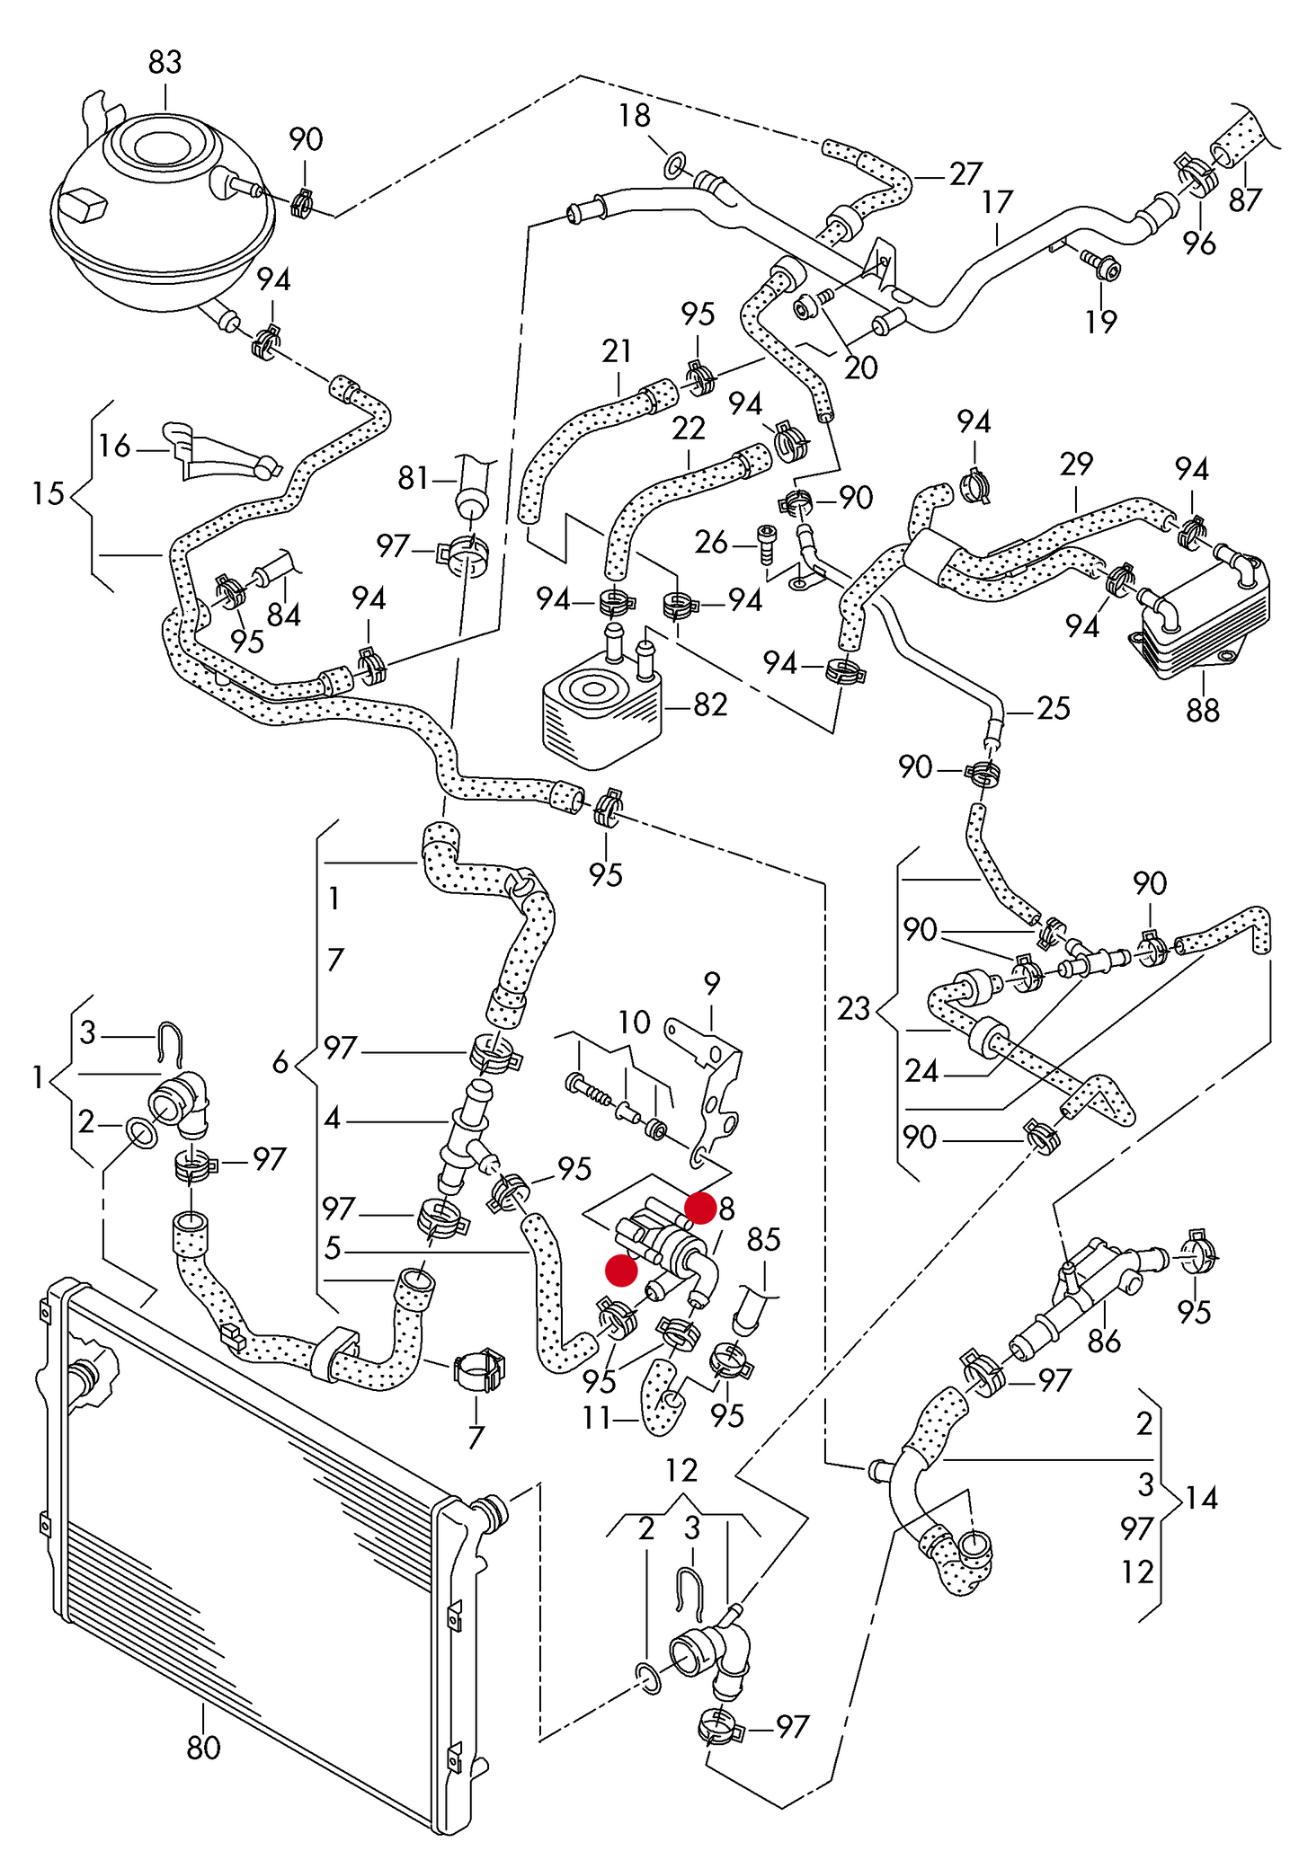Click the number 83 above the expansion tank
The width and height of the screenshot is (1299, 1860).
pyautogui.click(x=165, y=62)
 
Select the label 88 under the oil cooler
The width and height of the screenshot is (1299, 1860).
pyautogui.click(x=1202, y=711)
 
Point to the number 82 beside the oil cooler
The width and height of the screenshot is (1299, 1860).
pyautogui.click(x=710, y=705)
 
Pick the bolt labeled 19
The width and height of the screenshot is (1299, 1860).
pyautogui.click(x=1103, y=266)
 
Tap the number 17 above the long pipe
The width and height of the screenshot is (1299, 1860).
pyautogui.click(x=997, y=202)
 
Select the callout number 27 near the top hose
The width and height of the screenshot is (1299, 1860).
pyautogui.click(x=965, y=173)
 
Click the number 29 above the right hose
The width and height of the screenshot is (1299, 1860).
pyautogui.click(x=1075, y=464)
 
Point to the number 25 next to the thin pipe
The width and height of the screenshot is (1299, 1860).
pyautogui.click(x=1054, y=709)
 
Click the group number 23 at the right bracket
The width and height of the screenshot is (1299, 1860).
pyautogui.click(x=853, y=1008)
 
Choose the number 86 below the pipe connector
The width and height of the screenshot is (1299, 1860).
pyautogui.click(x=1104, y=1342)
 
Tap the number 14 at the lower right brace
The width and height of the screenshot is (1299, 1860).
pyautogui.click(x=1201, y=1498)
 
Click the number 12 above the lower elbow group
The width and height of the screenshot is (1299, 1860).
pyautogui.click(x=681, y=1470)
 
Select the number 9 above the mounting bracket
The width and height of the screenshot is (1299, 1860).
pyautogui.click(x=712, y=984)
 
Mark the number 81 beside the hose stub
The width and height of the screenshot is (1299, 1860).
pyautogui.click(x=414, y=478)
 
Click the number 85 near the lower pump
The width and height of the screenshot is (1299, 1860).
pyautogui.click(x=763, y=1240)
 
